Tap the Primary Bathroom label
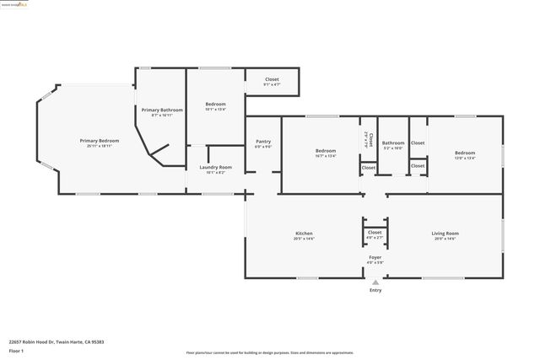(x=162, y=110)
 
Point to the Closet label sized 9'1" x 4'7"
(x=272, y=80)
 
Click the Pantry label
(x=263, y=142)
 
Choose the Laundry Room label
(x=215, y=168)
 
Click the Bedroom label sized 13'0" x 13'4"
(x=465, y=153)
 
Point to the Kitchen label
(x=304, y=234)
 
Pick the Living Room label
(x=445, y=234)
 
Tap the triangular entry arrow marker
(x=375, y=282)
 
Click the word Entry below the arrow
(x=375, y=291)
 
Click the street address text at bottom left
(x=56, y=341)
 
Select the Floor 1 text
(x=18, y=351)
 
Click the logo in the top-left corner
(x=19, y=3)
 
